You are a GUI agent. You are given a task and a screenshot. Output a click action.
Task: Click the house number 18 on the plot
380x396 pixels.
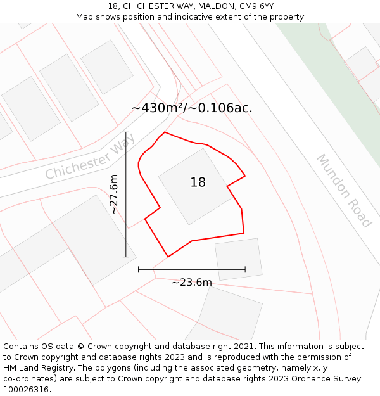point(198,182)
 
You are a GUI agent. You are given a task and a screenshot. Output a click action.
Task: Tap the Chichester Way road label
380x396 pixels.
point(90,157)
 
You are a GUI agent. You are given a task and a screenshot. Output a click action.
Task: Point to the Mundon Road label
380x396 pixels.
point(343,190)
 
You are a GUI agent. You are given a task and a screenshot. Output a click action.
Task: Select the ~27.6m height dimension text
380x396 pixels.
point(114,195)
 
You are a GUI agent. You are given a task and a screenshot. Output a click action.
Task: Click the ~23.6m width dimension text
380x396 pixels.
point(191,283)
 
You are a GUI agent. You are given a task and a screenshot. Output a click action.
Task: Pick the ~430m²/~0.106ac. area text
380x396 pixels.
point(192,108)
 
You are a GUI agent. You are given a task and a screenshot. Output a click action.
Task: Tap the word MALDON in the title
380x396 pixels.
point(215,6)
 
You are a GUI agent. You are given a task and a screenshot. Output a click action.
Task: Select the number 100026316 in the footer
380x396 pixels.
point(26,390)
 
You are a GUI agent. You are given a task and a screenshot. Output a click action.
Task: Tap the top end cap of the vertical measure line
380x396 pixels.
point(126,132)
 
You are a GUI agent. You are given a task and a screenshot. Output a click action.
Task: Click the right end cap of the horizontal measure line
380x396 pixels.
point(245,269)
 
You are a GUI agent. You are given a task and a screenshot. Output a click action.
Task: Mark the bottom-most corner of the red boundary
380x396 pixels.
point(168,257)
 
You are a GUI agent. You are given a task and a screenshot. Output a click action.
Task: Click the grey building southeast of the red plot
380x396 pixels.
point(239,259)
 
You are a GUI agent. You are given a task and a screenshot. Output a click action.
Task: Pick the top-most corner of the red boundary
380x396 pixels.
point(165,132)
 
